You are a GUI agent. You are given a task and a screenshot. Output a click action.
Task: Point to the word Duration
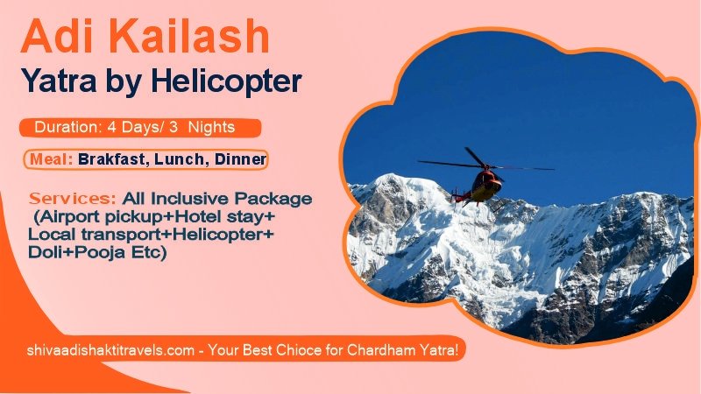coord(66,128)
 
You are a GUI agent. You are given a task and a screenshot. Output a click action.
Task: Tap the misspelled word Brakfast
coord(111,160)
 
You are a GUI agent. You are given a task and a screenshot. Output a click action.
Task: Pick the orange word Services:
coord(73,200)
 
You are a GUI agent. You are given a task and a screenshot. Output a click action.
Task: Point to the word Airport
coord(74,217)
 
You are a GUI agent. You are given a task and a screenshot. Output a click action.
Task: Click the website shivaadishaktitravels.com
coord(110,350)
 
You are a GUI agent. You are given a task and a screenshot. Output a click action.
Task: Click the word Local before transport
coord(49,236)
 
